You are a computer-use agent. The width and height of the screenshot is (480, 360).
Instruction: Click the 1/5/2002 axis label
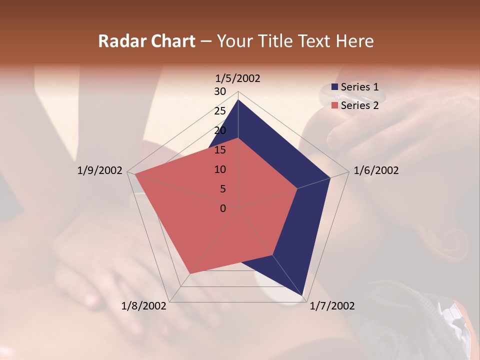238,78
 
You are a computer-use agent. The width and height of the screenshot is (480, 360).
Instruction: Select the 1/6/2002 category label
376,170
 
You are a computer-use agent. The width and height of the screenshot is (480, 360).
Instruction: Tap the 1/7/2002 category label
332,306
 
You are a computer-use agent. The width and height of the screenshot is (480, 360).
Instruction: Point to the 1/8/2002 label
144,306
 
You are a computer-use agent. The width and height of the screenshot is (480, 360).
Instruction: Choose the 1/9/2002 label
100,170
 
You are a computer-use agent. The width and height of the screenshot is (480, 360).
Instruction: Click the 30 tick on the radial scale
220,91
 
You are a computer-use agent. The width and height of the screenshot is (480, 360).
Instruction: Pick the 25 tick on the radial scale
220,111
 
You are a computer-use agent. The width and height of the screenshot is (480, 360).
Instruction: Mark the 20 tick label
220,130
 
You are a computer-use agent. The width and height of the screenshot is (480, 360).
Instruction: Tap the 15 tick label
220,150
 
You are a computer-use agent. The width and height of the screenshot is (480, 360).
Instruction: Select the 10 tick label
220,169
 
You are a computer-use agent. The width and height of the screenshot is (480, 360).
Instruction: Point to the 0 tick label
223,208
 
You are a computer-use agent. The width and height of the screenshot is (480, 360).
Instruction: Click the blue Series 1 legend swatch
335,87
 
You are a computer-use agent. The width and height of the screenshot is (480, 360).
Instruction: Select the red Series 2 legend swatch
335,105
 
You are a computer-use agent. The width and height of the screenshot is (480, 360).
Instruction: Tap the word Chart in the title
173,41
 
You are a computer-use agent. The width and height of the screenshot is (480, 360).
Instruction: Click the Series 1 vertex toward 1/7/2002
303,295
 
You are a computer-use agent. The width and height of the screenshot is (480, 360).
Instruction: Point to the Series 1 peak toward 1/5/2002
238,100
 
